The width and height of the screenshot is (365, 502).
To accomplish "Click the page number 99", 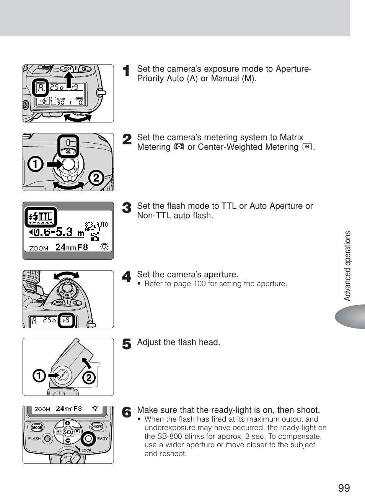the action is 344,488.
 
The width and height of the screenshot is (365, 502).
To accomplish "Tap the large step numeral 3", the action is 127,208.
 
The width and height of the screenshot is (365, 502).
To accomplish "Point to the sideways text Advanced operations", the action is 347,266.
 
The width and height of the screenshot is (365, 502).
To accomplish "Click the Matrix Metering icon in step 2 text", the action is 179,147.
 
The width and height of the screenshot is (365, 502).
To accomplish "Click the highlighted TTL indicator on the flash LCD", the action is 41,217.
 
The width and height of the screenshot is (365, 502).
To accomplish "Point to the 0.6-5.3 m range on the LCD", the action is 57,232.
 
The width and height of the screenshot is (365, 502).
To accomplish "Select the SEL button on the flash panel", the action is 68,432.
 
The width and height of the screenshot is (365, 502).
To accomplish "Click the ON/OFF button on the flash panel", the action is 96,427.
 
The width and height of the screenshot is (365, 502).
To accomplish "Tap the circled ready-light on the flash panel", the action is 88,438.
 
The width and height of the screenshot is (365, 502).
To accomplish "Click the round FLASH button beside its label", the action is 47,439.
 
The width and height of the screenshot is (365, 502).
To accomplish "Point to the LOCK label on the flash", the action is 86,450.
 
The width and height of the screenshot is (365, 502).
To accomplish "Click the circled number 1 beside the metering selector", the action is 35,164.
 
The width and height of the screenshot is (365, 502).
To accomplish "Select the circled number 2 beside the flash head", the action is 88,378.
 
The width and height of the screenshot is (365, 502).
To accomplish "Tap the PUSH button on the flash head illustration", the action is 62,375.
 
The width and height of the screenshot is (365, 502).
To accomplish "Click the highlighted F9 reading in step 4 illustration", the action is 66,320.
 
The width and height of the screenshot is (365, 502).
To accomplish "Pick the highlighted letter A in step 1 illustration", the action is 40,88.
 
